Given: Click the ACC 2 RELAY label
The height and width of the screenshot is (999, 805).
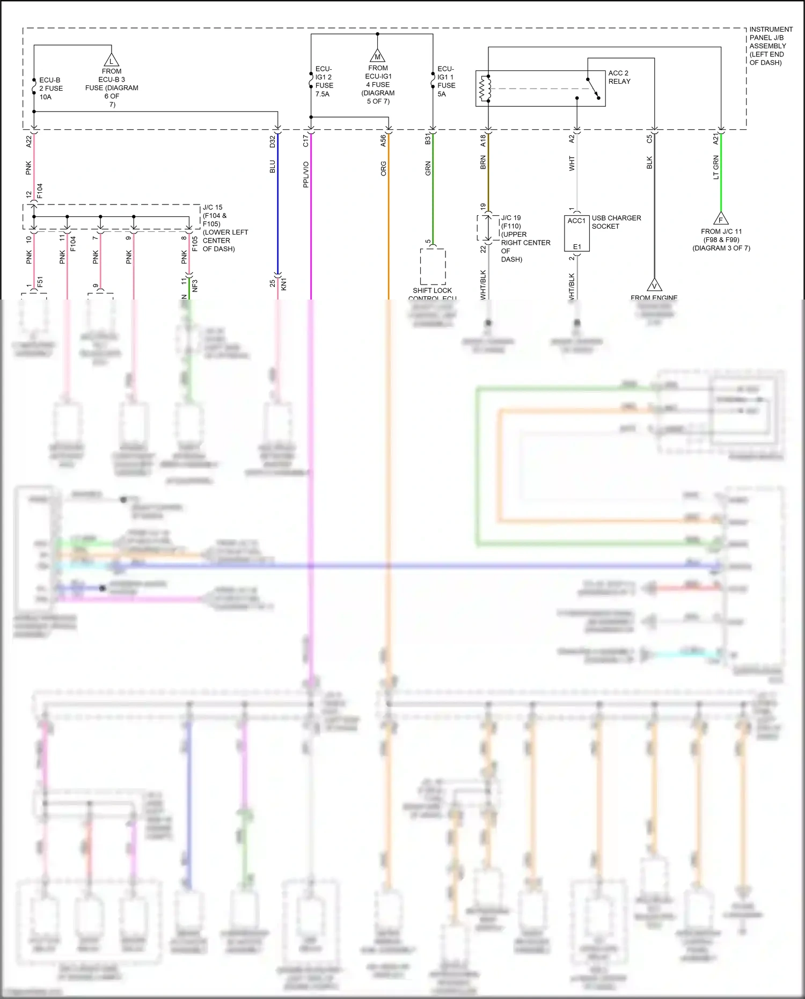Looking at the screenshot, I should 619,77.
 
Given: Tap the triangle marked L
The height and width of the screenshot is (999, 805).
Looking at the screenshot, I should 111,60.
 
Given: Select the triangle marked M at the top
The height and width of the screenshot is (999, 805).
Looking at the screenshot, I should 378,55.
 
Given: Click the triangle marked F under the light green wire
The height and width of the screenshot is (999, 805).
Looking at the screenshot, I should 721,218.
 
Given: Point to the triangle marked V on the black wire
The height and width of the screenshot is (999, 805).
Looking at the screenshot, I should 654,285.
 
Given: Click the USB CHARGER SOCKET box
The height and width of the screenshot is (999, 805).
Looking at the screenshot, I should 576,234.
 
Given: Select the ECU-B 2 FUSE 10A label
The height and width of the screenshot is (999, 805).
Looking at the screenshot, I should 50,89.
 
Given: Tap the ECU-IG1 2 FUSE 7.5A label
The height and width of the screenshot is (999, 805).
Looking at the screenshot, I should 324,82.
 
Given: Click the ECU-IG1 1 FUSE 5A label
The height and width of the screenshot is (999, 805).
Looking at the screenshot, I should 446,82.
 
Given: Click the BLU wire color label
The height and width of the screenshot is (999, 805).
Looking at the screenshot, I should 273,167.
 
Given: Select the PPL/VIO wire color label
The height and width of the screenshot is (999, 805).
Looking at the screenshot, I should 306,174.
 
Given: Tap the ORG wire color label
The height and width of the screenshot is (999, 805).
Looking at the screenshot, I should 384,169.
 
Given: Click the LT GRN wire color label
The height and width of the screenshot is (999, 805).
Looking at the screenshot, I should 716,167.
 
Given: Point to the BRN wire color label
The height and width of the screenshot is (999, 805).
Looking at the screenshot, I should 483,163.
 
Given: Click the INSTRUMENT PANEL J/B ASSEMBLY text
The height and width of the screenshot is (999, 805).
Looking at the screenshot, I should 770,46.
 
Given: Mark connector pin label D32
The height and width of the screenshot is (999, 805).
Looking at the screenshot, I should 273,141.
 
